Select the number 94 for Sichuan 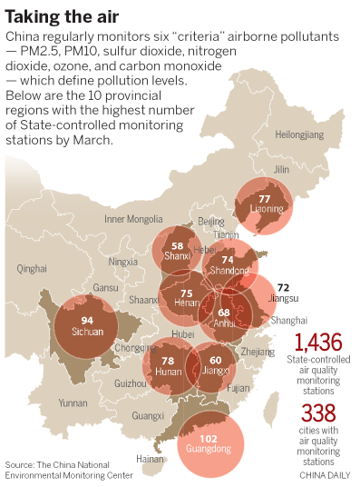pyautogui.click(x=87, y=321)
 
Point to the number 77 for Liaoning pyautogui.click(x=265, y=198)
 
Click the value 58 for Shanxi pyautogui.click(x=178, y=245)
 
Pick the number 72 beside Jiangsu pyautogui.click(x=283, y=287)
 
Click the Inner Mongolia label pyautogui.click(x=132, y=219)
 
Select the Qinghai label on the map pyautogui.click(x=31, y=268)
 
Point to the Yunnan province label pyautogui.click(x=73, y=402)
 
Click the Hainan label pyautogui.click(x=150, y=460)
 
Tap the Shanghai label pyautogui.click(x=288, y=321)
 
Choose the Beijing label pyautogui.click(x=210, y=222)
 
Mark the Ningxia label pyautogui.click(x=123, y=262)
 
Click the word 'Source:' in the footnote pyautogui.click(x=20, y=463)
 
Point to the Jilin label pyautogui.click(x=282, y=170)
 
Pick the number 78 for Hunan pyautogui.click(x=167, y=361)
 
